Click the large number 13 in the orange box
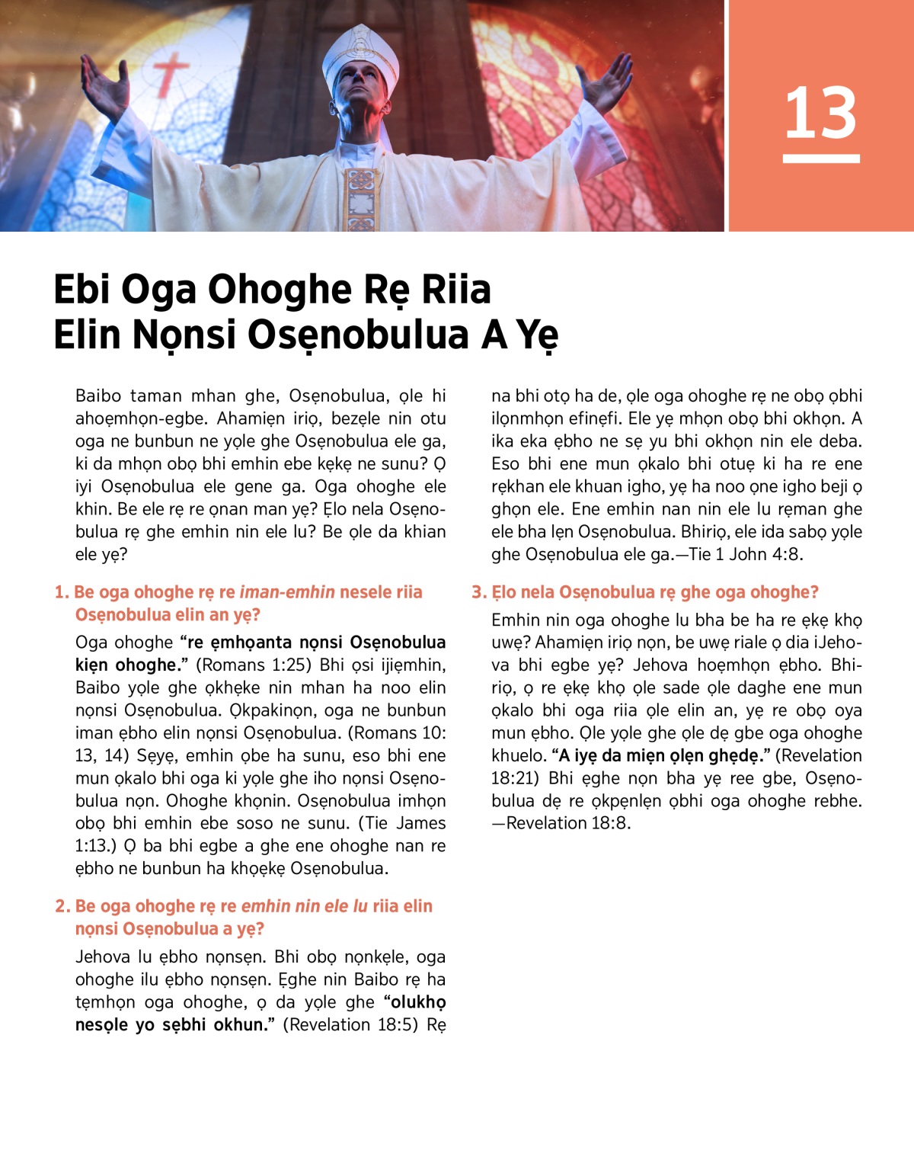(x=820, y=114)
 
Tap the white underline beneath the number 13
(x=820, y=159)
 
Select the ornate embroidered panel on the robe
(x=360, y=198)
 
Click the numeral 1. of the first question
(x=61, y=592)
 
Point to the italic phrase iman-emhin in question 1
(x=287, y=592)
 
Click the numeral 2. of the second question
(x=62, y=906)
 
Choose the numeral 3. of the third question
(x=478, y=592)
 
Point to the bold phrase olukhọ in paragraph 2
(x=419, y=1001)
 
